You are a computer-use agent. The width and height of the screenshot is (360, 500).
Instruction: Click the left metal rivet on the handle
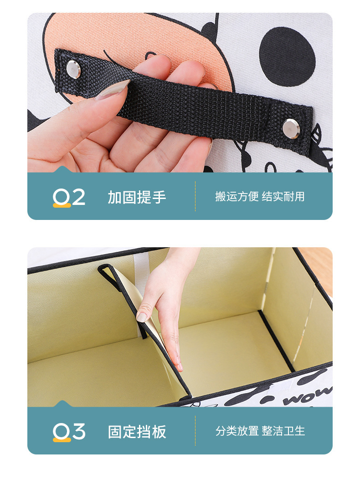[x=73, y=69]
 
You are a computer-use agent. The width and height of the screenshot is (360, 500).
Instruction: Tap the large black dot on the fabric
[x=287, y=56]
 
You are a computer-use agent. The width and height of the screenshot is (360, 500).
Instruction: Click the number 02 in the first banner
[x=69, y=197]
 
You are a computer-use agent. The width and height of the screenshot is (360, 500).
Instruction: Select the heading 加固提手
[x=137, y=197]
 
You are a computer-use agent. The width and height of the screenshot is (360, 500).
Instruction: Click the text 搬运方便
[x=237, y=197]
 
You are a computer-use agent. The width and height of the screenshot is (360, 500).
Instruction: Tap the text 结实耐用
[x=283, y=197]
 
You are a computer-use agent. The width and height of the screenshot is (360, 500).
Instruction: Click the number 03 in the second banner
[x=69, y=431]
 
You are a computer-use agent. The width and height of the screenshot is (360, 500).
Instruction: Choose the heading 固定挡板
[x=137, y=432]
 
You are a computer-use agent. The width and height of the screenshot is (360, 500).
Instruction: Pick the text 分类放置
[x=237, y=431]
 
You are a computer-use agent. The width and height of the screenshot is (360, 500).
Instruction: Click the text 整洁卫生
[x=283, y=431]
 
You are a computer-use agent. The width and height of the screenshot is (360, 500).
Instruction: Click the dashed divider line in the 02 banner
[x=195, y=196]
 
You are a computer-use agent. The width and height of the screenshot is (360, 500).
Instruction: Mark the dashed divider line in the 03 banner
[x=195, y=431]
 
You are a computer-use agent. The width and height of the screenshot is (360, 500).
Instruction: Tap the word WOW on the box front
[x=306, y=398]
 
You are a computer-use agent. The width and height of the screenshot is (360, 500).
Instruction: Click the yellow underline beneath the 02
[x=62, y=205]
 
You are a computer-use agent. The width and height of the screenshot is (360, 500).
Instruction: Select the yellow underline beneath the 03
[x=62, y=440]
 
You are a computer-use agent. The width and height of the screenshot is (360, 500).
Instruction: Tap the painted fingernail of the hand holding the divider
[x=142, y=316]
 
